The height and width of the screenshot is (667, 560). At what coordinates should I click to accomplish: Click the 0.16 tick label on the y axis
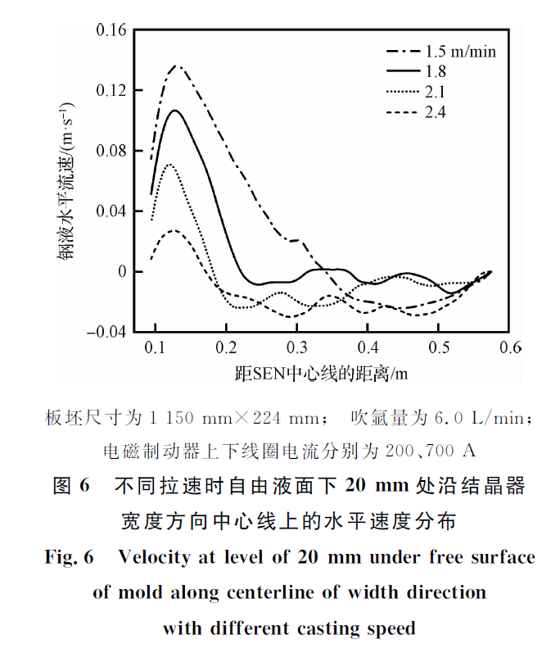click(x=111, y=30)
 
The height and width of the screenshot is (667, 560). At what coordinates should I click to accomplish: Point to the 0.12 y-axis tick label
click(x=111, y=90)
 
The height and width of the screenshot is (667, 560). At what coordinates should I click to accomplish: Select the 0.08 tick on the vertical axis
click(x=111, y=151)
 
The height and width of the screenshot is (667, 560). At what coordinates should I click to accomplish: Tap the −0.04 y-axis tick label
click(x=106, y=332)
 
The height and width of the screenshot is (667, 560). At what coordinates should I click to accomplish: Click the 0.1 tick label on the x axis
click(x=155, y=349)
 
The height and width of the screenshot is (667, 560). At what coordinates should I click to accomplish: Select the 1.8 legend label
click(x=436, y=71)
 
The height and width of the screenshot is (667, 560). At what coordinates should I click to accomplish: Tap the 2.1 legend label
click(x=436, y=92)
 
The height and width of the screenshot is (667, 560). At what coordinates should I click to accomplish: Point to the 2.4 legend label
click(x=436, y=112)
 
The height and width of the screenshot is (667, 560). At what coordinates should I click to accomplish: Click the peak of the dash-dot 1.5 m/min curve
click(x=175, y=65)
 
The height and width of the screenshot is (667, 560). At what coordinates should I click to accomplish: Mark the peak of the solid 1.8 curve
click(x=174, y=110)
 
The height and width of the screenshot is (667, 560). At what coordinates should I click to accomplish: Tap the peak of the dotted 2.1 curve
click(x=169, y=165)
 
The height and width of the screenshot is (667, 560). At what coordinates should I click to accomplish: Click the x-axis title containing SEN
click(x=321, y=374)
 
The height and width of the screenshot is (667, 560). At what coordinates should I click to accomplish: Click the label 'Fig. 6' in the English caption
click(x=70, y=558)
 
